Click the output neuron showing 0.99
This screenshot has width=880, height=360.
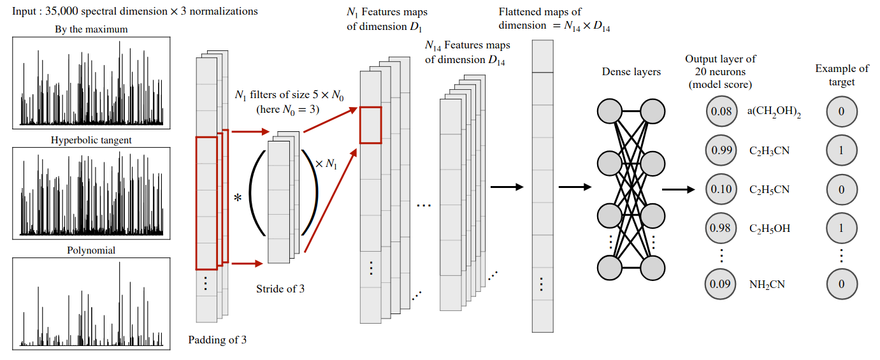pyautogui.click(x=720, y=151)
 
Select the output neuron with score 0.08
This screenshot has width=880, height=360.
pyautogui.click(x=720, y=112)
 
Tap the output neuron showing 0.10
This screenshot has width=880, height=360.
pyautogui.click(x=720, y=190)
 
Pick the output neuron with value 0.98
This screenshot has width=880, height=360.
pyautogui.click(x=720, y=228)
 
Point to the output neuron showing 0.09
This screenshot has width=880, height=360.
pyautogui.click(x=720, y=284)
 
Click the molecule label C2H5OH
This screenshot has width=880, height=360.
pyautogui.click(x=770, y=228)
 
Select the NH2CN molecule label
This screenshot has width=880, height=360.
pyautogui.click(x=767, y=284)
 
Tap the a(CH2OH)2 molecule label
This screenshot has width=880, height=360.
pyautogui.click(x=774, y=112)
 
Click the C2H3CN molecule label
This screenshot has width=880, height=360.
pyautogui.click(x=770, y=151)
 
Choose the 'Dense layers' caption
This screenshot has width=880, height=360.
pyautogui.click(x=631, y=72)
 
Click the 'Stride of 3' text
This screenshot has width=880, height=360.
pyautogui.click(x=280, y=289)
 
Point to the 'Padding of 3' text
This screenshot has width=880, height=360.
pyautogui.click(x=217, y=340)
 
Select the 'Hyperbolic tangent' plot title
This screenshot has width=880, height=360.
pyautogui.click(x=92, y=140)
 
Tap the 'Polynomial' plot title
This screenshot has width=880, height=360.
pyautogui.click(x=92, y=250)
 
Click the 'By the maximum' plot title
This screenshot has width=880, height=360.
pyautogui.click(x=92, y=29)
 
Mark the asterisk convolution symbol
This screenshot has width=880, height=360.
pyautogui.click(x=238, y=198)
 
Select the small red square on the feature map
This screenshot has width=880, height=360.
pyautogui.click(x=370, y=125)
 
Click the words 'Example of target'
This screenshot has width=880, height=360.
pyautogui.click(x=842, y=75)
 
